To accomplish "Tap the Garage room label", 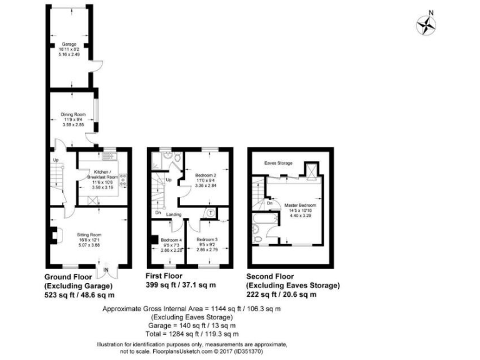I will tap(68, 44).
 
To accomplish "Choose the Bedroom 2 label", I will tap(205, 176).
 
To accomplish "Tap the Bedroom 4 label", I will tap(171, 240).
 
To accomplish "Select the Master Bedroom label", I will tap(300, 205).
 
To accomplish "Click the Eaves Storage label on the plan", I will tap(278, 163).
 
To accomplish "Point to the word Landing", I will tap(174, 214).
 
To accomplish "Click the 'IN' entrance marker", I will tap(105, 270).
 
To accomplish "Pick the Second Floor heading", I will tap(269, 276).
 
